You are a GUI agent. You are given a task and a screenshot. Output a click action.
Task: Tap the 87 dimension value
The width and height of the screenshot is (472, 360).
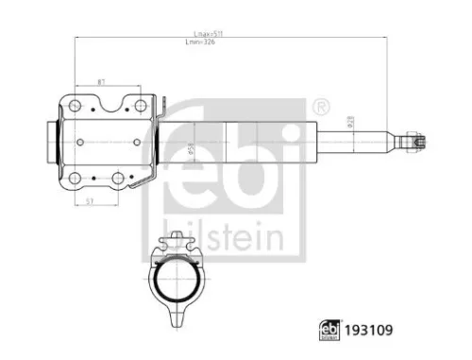pos(101,80)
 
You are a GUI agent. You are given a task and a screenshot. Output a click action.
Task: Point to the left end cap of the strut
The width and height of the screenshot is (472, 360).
pos(49,141)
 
